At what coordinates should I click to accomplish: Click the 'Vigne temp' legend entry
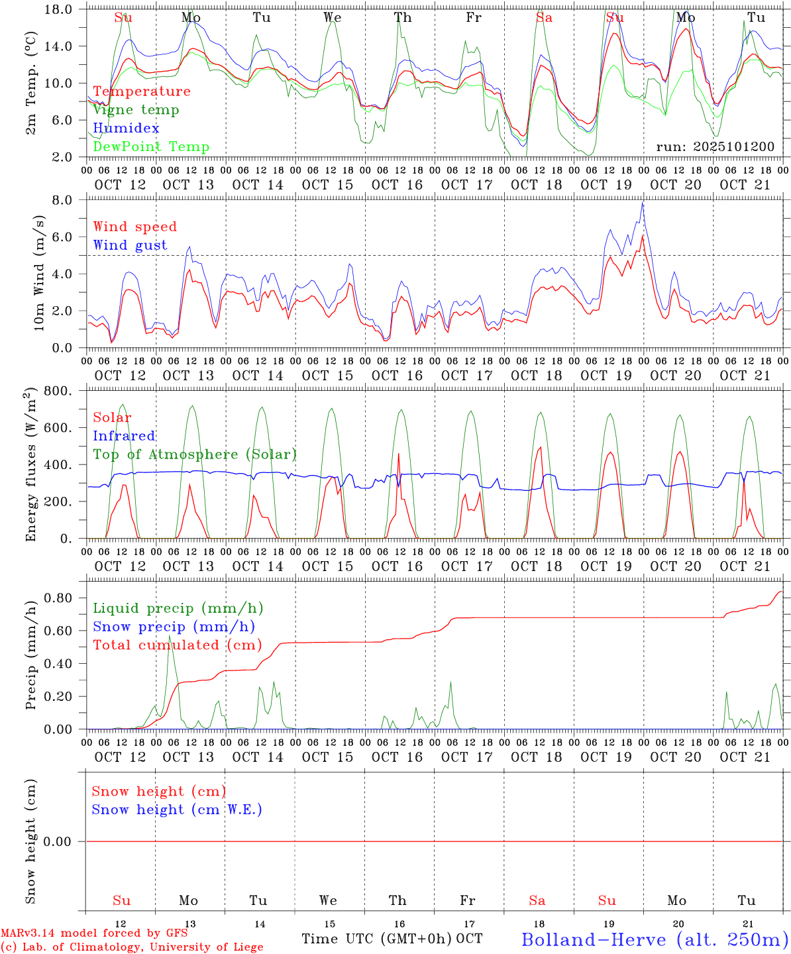136,110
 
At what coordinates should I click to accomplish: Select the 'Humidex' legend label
126,129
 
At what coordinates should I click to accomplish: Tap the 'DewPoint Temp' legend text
151,147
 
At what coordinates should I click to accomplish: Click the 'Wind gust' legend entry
130,245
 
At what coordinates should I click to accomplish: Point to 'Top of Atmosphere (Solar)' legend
194,454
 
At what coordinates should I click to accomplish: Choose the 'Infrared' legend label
124,436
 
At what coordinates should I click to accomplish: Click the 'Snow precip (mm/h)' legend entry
174,627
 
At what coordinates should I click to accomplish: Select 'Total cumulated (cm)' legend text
177,645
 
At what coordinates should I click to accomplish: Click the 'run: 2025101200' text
715,147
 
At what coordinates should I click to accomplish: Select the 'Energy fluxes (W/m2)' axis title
30,466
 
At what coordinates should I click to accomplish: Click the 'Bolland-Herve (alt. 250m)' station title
655,939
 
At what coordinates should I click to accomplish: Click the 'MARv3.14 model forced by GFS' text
94,933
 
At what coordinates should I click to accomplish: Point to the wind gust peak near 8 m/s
642,203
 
